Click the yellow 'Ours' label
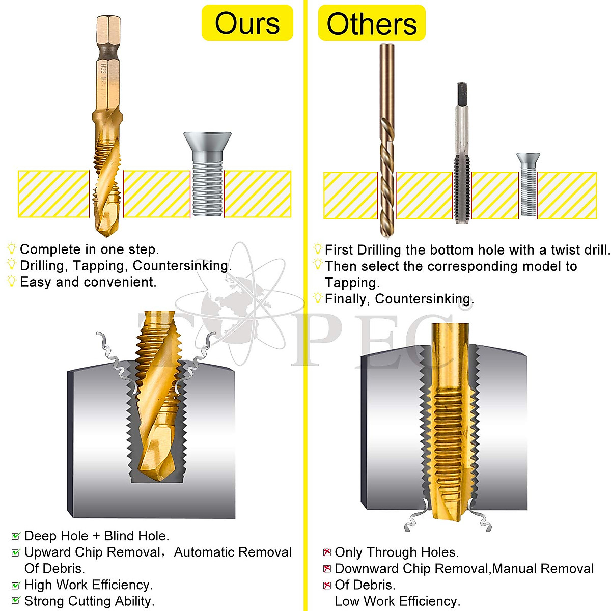pyautogui.click(x=247, y=23)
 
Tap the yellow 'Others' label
pyautogui.click(x=372, y=23)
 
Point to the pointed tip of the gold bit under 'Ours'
pyautogui.click(x=105, y=233)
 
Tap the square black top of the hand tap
pyautogui.click(x=461, y=95)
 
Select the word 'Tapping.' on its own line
pyautogui.click(x=352, y=283)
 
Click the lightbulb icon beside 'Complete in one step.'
pyautogui.click(x=12, y=248)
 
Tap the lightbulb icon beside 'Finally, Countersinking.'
pyautogui.click(x=318, y=298)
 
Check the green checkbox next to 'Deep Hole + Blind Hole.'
pyautogui.click(x=16, y=536)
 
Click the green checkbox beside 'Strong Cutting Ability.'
pyautogui.click(x=16, y=601)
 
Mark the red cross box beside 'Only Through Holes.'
pyautogui.click(x=327, y=552)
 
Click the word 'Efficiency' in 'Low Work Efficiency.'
pyautogui.click(x=429, y=601)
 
